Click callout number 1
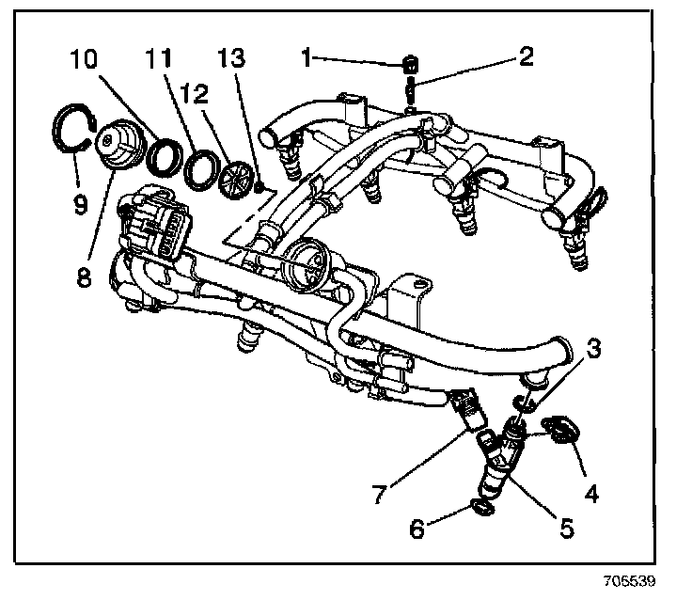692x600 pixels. pos(307,58)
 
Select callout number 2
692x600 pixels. pos(526,58)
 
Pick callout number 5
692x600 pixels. pos(566,529)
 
